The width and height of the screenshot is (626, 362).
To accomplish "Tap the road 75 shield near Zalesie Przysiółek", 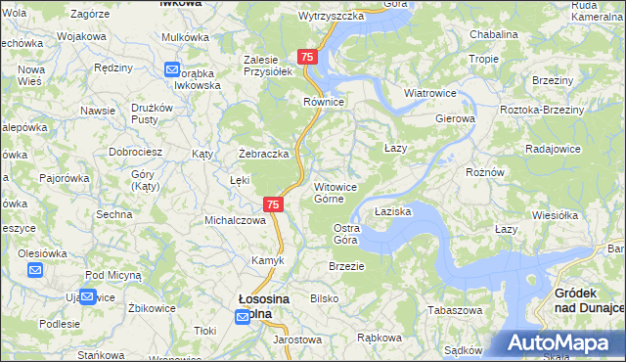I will tap(308, 58).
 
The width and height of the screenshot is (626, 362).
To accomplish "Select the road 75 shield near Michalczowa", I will tap(274, 204).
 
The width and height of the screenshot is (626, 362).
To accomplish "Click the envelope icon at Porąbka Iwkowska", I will tap(172, 70).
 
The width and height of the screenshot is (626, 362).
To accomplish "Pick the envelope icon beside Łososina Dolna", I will tap(243, 317).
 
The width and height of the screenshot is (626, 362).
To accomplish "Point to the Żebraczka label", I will tap(264, 154).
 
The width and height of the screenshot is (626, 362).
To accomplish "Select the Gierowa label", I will tap(455, 118).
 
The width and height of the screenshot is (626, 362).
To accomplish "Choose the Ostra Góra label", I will tap(346, 234).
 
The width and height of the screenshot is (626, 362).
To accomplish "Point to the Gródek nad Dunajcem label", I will tap(589, 299).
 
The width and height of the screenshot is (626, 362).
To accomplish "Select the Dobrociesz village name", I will tap(135, 153).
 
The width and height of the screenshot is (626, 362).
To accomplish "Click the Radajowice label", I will tap(554, 149).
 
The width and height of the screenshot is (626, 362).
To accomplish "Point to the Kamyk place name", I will tap(268, 260).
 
